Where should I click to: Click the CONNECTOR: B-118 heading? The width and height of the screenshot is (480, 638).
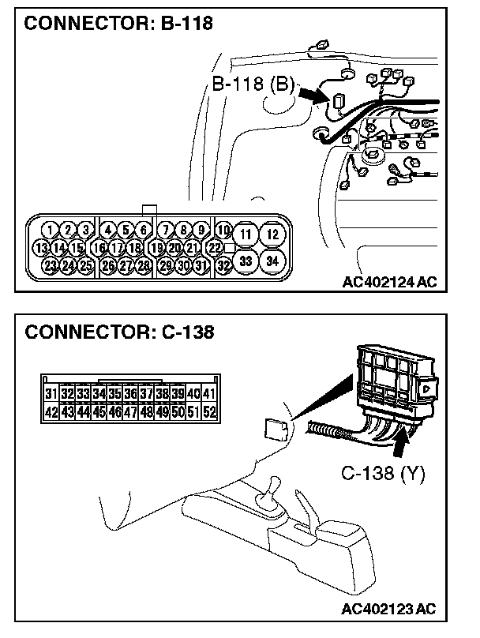(118, 24)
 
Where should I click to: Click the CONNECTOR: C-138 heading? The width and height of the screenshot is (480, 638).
(119, 332)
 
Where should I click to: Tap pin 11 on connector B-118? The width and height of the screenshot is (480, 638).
(246, 234)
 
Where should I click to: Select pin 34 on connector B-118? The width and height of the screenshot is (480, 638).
(272, 261)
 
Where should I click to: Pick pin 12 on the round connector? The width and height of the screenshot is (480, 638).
(272, 234)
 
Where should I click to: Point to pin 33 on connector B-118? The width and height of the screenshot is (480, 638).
(246, 261)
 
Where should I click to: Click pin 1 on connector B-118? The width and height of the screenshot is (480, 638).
(51, 230)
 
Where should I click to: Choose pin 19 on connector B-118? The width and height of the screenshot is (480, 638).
(156, 247)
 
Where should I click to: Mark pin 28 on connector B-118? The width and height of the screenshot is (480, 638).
(143, 265)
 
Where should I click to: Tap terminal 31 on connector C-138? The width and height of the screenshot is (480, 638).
(51, 393)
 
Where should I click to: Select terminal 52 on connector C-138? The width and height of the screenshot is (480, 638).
(210, 411)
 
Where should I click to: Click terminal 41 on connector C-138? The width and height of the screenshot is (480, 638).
(210, 393)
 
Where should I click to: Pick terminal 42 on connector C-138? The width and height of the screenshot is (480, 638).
(51, 411)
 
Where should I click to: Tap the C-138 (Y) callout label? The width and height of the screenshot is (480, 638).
(383, 473)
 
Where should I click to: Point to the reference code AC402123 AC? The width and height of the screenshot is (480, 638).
(390, 609)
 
